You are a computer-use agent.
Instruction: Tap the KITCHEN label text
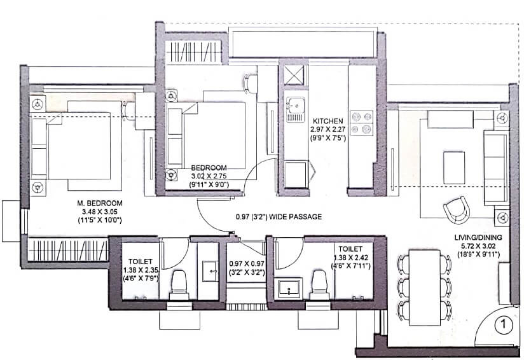pos(327,120)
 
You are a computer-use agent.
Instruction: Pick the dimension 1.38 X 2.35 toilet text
pos(139,268)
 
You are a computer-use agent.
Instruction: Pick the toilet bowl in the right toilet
pos(319,280)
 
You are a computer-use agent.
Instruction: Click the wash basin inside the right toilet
pos(290,287)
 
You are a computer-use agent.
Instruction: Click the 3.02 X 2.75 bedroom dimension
pos(210,177)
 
